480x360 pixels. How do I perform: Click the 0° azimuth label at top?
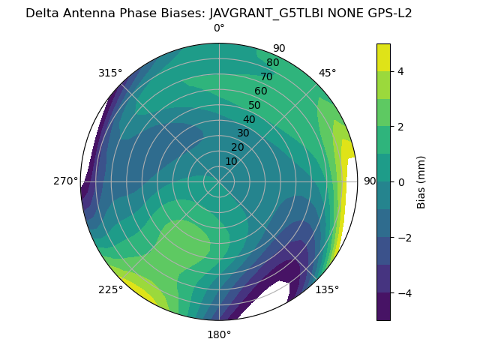(x=219, y=28)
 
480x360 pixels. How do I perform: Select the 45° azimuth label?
(x=327, y=73)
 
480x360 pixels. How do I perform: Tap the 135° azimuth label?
(x=327, y=289)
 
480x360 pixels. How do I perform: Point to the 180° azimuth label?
(x=219, y=334)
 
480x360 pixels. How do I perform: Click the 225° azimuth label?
(x=110, y=289)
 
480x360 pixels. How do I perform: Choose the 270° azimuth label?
(x=66, y=181)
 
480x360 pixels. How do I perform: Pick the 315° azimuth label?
(x=110, y=73)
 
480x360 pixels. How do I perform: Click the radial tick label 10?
(x=231, y=161)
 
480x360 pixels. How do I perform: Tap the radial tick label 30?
(x=243, y=133)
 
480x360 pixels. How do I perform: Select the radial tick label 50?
(x=254, y=106)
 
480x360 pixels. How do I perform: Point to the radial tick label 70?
(x=266, y=76)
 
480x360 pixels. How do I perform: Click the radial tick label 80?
(x=272, y=63)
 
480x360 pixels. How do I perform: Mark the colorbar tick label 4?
(x=400, y=71)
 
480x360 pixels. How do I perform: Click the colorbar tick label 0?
(x=400, y=182)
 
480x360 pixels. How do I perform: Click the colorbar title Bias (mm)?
(x=421, y=181)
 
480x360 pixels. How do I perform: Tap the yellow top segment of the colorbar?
(x=383, y=57)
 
